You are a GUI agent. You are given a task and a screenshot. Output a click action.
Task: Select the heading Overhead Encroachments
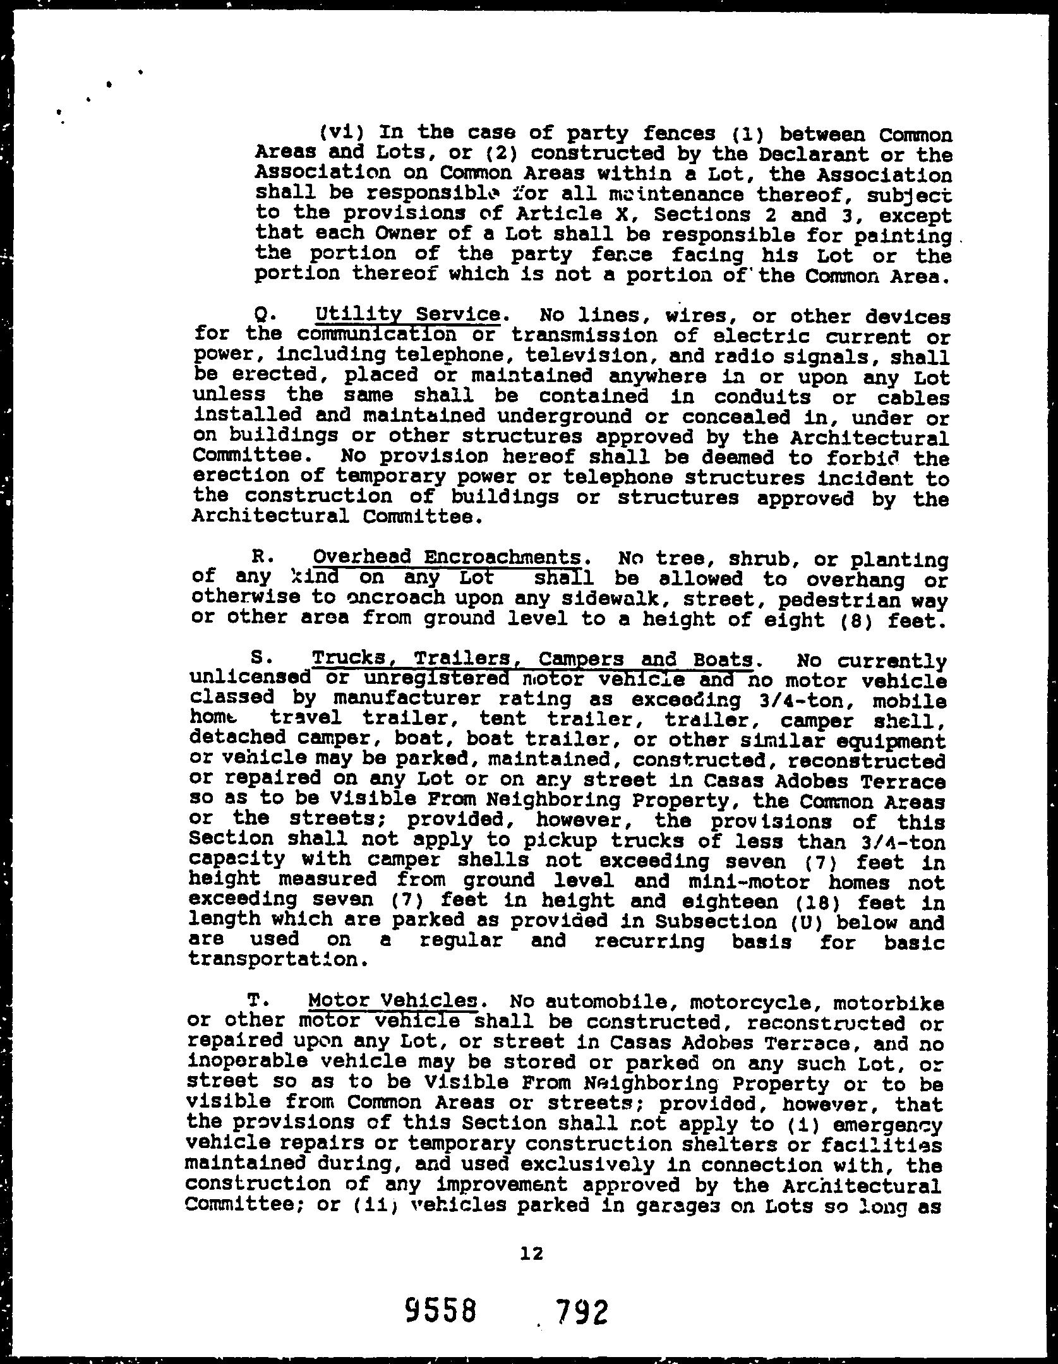(x=446, y=557)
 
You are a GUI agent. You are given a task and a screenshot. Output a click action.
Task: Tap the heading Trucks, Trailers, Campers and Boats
(x=532, y=659)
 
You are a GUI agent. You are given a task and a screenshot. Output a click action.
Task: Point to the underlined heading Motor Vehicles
(x=392, y=1001)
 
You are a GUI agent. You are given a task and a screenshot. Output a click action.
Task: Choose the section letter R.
(x=258, y=558)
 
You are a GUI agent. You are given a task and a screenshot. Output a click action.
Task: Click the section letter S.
(x=258, y=659)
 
